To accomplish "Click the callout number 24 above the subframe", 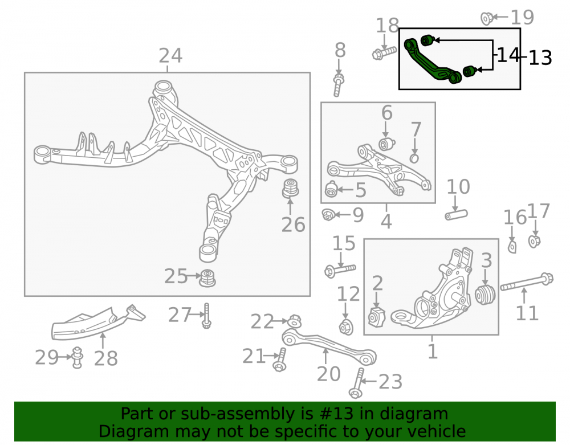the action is tap(170, 56).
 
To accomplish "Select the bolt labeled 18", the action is tap(384, 52).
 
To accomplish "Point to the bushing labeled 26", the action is tap(291, 188).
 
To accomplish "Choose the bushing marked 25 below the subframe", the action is tap(207, 277).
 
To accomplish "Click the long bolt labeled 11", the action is tap(527, 282).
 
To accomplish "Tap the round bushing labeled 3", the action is tap(485, 295).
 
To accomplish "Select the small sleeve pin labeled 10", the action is tap(456, 215).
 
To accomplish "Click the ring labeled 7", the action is tap(414, 158).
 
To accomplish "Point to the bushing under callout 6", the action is tap(387, 144).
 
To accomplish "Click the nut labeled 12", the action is tap(346, 327).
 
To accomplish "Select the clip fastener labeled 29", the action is tap(77, 357).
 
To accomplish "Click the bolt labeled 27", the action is tap(206, 316).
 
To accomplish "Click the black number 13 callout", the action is tap(540, 58).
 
